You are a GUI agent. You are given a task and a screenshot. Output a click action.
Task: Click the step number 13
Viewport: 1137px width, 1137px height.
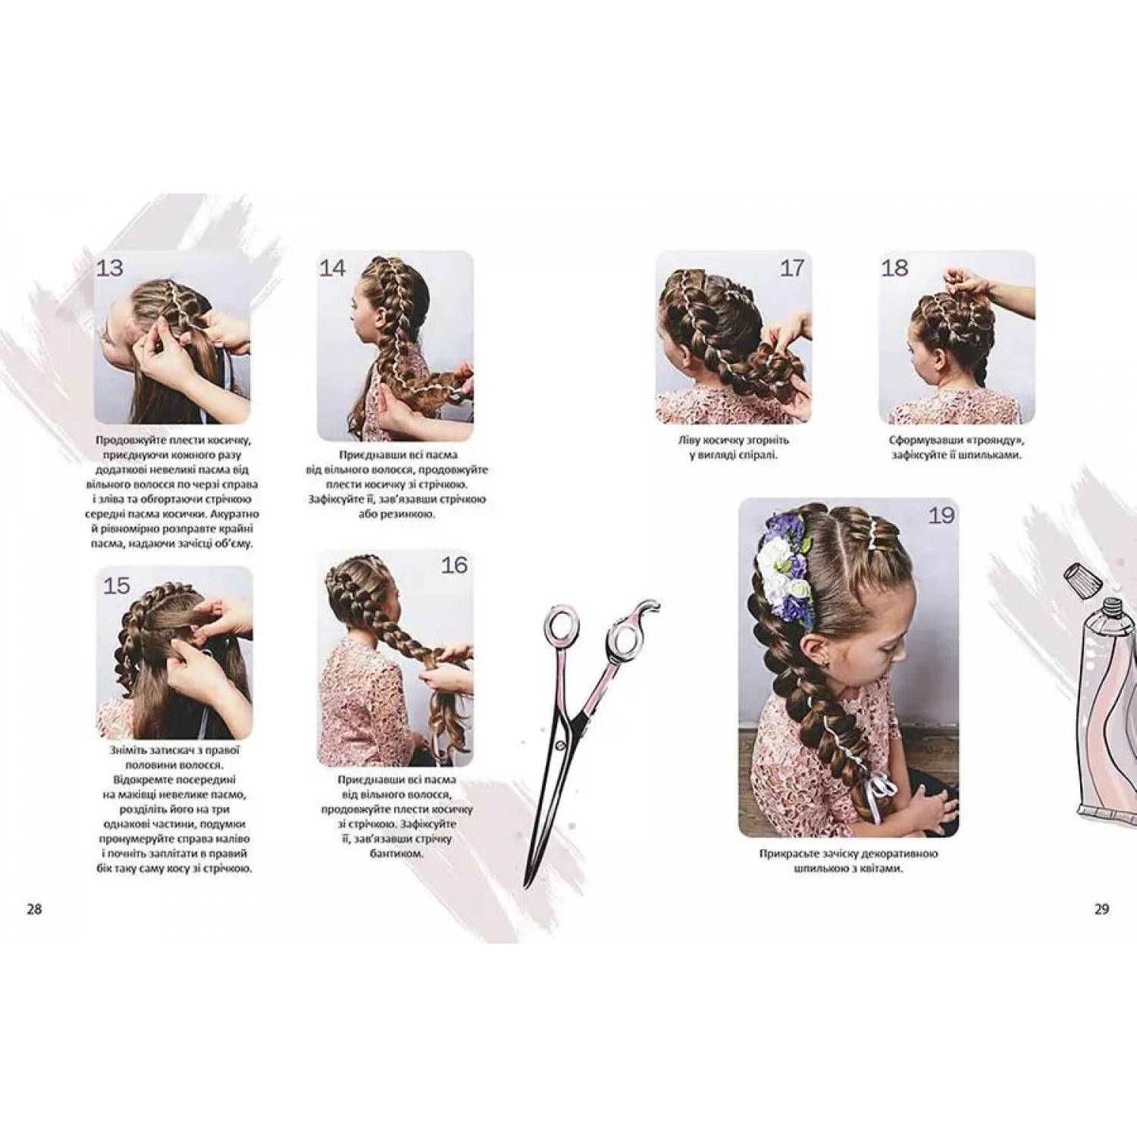[111, 268]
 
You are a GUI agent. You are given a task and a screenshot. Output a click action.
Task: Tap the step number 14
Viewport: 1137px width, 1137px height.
[332, 268]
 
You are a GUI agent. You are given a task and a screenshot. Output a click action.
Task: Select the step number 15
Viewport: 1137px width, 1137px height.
[117, 585]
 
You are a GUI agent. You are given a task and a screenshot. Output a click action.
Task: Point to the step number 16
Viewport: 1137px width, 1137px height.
[454, 565]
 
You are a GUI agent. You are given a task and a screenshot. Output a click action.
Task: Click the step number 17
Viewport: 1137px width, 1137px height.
[791, 268]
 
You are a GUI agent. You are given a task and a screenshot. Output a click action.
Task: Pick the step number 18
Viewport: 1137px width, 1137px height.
[895, 268]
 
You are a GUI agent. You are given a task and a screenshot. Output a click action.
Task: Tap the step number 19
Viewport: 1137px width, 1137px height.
[941, 515]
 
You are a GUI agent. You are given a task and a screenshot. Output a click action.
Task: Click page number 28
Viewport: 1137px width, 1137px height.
[34, 910]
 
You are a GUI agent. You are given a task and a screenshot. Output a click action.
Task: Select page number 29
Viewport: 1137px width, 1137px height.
[1101, 910]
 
